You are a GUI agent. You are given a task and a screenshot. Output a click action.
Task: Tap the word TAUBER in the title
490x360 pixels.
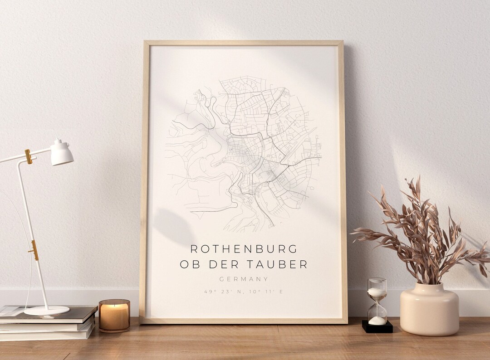tap(283, 264)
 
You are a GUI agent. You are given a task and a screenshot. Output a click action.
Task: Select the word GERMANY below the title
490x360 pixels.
tap(244, 279)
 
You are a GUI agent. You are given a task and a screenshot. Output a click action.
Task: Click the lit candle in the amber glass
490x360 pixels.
tap(114, 316)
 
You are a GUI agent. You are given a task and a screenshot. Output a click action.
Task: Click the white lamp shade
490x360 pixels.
tap(61, 153)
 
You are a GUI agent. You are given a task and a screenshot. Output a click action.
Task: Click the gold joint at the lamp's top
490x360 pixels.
tap(29, 156)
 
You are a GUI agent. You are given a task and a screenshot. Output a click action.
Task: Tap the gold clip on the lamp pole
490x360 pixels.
tap(34, 250)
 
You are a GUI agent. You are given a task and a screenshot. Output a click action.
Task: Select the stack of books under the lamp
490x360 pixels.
tap(48, 323)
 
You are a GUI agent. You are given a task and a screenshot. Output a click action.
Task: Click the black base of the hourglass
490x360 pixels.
tap(377, 327)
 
